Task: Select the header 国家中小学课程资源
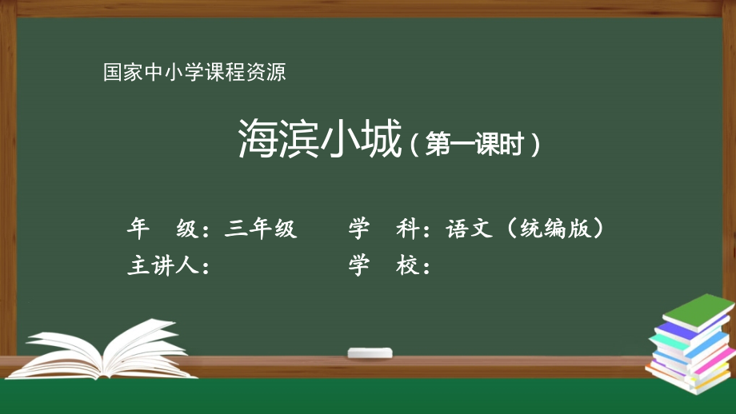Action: tap(194, 74)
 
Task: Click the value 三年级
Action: tap(261, 229)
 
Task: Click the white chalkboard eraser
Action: tap(370, 352)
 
